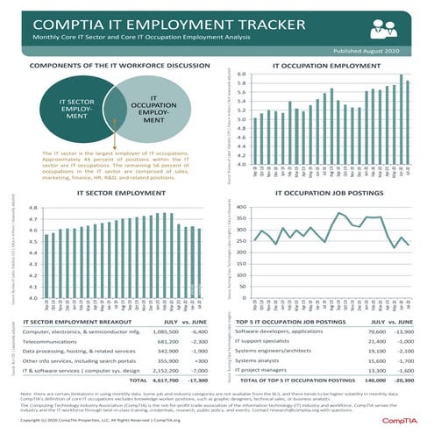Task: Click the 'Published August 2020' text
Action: pyautogui.click(x=373, y=52)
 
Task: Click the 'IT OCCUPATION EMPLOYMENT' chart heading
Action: pyautogui.click(x=326, y=65)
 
